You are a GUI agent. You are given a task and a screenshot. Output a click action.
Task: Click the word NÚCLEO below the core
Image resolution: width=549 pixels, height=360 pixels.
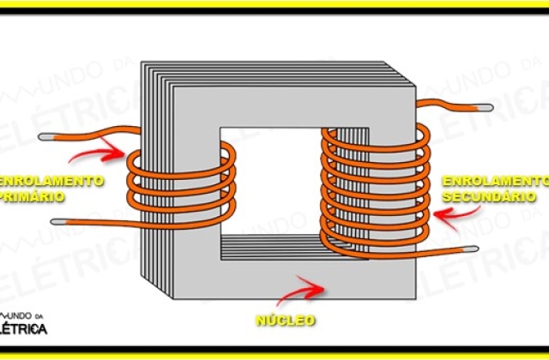(x=286, y=320)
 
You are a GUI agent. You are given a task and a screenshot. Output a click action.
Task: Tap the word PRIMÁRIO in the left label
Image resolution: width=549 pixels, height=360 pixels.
(x=33, y=196)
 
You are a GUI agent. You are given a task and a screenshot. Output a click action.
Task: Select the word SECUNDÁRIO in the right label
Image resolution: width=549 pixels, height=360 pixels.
(x=489, y=196)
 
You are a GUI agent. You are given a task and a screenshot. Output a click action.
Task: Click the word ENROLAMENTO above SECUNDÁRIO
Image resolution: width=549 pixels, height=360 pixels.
(x=496, y=181)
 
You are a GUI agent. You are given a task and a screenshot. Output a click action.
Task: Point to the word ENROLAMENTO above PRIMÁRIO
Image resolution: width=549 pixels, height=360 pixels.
(x=51, y=181)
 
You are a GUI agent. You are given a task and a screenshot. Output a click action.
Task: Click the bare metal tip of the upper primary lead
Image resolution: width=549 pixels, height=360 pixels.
(x=45, y=137)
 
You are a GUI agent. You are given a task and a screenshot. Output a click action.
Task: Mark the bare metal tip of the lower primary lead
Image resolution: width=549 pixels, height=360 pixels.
(x=58, y=222)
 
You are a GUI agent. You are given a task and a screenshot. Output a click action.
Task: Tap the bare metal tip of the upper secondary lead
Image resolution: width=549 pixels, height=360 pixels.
(x=486, y=108)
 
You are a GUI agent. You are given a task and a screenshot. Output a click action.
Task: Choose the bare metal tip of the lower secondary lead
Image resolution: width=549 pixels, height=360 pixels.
(x=471, y=249)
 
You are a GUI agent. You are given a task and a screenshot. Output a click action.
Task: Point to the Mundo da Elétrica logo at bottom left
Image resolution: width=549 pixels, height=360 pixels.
(x=23, y=324)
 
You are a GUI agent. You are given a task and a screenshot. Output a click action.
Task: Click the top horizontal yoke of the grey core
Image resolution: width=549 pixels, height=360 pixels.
(x=294, y=106)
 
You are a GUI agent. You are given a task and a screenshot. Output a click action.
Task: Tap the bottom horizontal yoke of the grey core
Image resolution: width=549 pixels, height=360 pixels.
(x=294, y=279)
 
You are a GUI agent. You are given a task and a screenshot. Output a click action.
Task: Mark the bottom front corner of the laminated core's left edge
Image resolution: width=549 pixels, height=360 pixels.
(x=173, y=299)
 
